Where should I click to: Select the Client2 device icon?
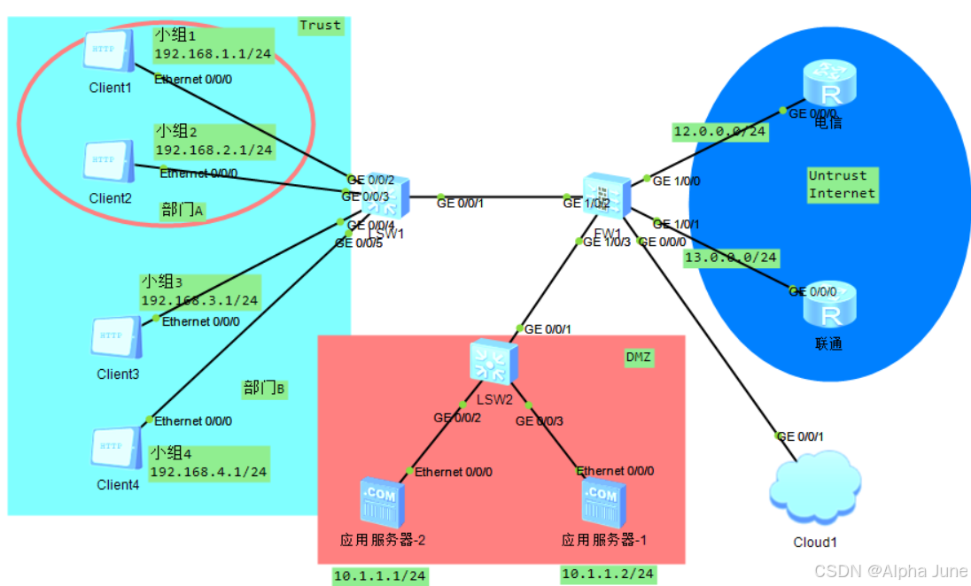pyautogui.click(x=109, y=163)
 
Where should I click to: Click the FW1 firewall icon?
pyautogui.click(x=607, y=198)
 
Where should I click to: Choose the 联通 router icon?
pyautogui.click(x=828, y=305)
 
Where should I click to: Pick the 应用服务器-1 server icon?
pyautogui.click(x=603, y=502)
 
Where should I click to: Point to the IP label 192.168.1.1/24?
pyautogui.click(x=213, y=54)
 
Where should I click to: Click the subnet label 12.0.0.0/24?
pyautogui.click(x=719, y=133)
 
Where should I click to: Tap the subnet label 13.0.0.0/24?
pyautogui.click(x=731, y=258)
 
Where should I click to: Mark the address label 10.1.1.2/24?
pyautogui.click(x=608, y=574)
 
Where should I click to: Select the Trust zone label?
pyautogui.click(x=320, y=25)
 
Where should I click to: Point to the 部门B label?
pyautogui.click(x=264, y=388)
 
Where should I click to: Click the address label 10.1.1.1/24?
pyautogui.click(x=380, y=576)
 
